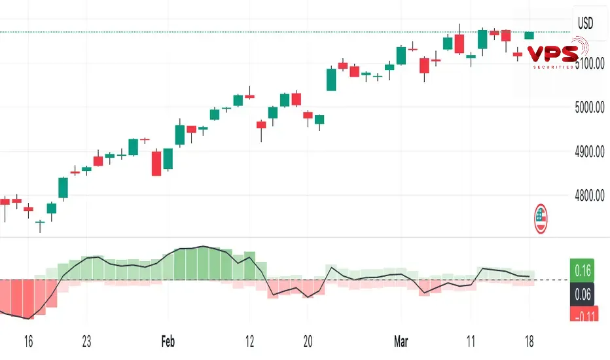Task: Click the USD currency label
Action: [585, 24]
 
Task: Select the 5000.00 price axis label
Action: [590, 108]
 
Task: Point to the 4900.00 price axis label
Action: [590, 152]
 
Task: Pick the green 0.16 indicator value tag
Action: [583, 269]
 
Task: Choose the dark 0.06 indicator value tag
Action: [583, 295]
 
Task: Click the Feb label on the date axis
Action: [169, 342]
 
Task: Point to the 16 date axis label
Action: [27, 342]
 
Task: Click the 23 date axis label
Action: [86, 342]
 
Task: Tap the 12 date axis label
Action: [249, 342]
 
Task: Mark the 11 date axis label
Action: [471, 342]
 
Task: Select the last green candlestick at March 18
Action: [529, 35]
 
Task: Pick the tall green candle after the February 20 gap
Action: [331, 79]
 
